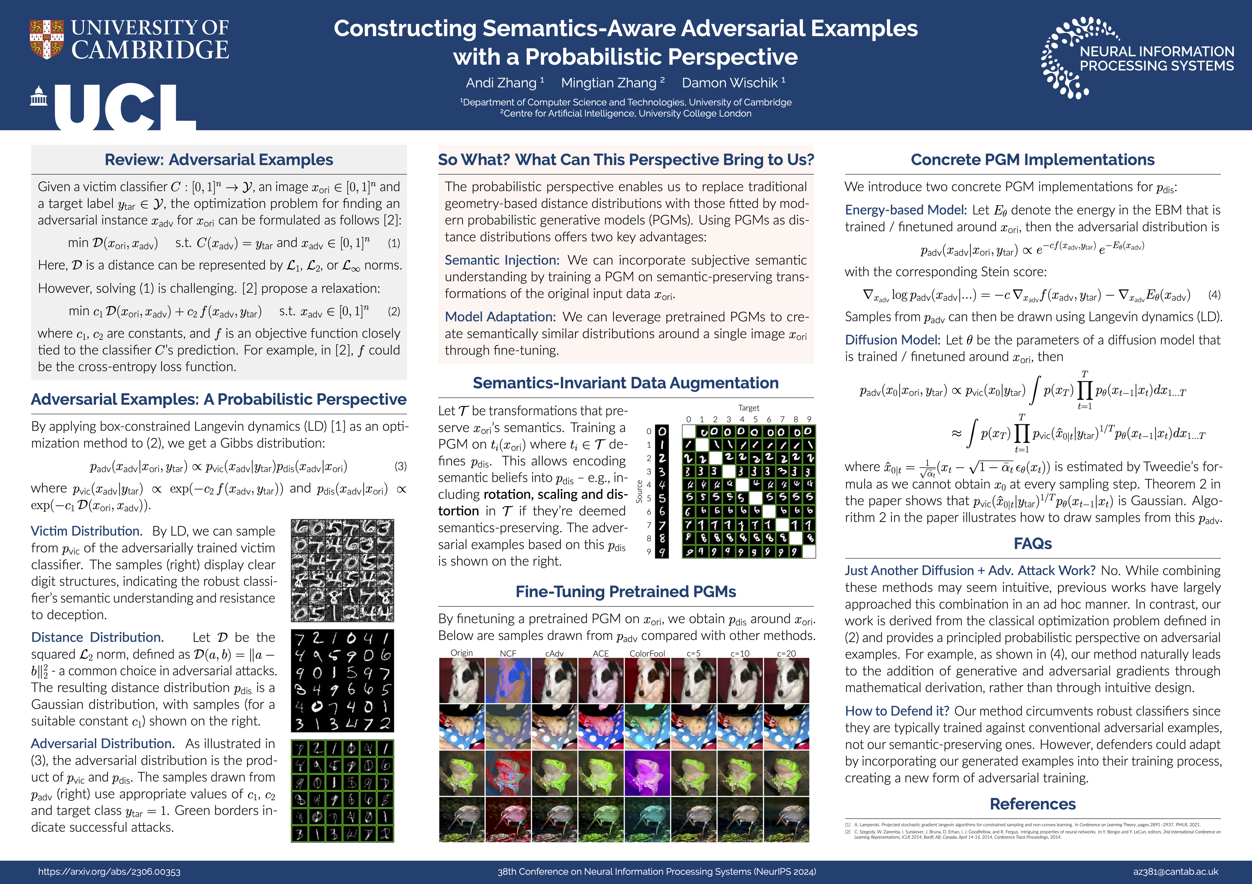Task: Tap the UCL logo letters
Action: point(124,107)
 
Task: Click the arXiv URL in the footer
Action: point(109,871)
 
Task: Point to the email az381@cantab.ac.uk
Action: point(1175,871)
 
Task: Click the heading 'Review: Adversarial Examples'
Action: point(219,160)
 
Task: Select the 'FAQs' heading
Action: point(1032,543)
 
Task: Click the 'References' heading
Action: point(1032,804)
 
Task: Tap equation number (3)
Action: point(400,467)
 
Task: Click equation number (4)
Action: point(1214,295)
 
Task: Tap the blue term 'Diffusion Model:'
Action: point(892,340)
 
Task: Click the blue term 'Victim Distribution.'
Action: point(87,531)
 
